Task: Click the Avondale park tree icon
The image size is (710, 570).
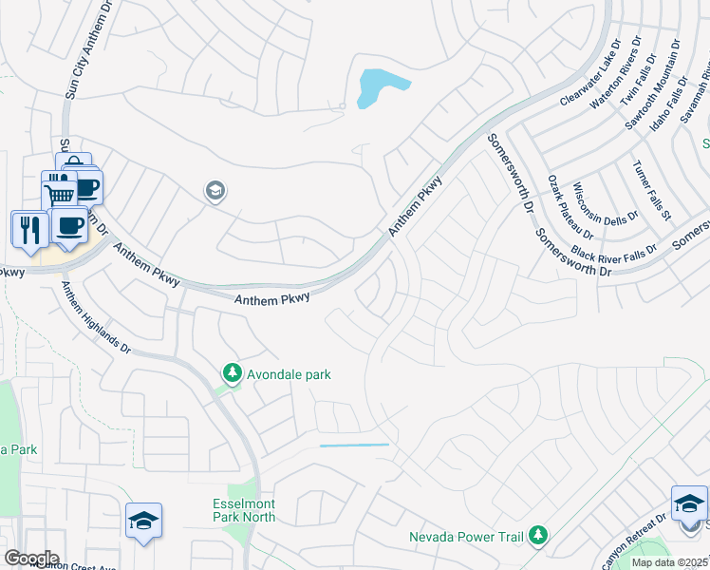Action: [231, 373]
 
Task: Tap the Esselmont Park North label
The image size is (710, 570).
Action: [244, 510]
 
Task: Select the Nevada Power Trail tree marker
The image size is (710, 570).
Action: [538, 537]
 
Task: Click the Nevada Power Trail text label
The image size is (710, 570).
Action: [466, 538]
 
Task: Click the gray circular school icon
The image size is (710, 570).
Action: [215, 192]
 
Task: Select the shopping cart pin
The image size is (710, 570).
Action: [59, 193]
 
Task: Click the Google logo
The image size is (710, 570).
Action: [31, 558]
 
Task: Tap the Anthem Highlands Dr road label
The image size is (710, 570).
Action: [96, 317]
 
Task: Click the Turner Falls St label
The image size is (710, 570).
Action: [651, 189]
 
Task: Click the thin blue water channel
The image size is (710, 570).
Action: [354, 445]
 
